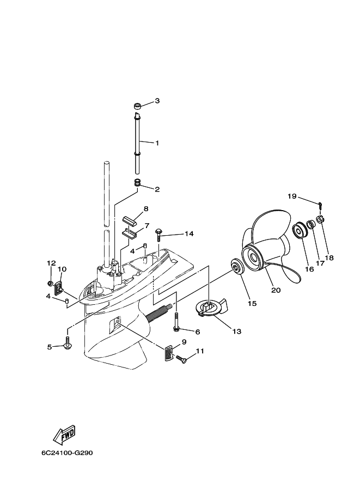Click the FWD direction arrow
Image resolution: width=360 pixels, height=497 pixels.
pyautogui.click(x=64, y=433)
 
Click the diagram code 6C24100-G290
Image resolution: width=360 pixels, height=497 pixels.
pyautogui.click(x=67, y=453)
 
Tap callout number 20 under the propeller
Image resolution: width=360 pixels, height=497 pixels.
pyautogui.click(x=276, y=290)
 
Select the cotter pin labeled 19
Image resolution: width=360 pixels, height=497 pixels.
pyautogui.click(x=320, y=205)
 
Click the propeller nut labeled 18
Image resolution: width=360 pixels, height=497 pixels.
pyautogui.click(x=320, y=219)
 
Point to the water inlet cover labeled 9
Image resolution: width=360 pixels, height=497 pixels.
pyautogui.click(x=168, y=353)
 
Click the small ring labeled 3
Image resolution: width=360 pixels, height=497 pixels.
pyautogui.click(x=138, y=105)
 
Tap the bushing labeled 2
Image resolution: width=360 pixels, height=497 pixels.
pyautogui.click(x=137, y=182)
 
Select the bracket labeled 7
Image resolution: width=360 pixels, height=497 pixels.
pyautogui.click(x=130, y=234)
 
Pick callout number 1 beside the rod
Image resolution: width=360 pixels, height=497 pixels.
pyautogui.click(x=157, y=143)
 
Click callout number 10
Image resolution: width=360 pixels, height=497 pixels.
pyautogui.click(x=62, y=269)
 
